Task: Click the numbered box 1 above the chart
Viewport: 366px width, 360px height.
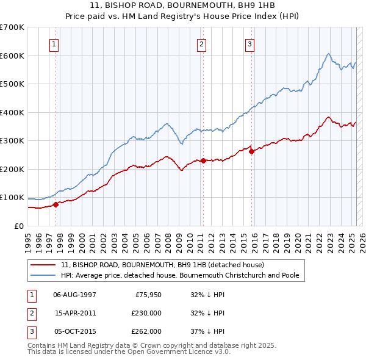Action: [54, 44]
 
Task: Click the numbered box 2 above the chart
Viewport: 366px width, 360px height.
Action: [201, 44]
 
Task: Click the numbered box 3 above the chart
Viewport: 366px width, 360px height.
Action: [250, 44]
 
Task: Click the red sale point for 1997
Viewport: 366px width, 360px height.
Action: [56, 204]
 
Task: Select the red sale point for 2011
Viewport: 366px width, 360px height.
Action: [203, 160]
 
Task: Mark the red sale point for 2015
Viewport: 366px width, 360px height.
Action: [251, 152]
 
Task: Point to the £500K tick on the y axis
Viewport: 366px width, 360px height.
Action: [12, 84]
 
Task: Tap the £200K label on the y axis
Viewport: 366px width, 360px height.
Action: [12, 169]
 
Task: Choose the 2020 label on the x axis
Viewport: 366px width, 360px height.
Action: [298, 238]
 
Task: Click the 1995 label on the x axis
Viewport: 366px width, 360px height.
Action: [28, 238]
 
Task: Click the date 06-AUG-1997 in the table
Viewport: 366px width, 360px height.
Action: [74, 294]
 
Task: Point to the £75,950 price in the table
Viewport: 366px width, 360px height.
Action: [147, 294]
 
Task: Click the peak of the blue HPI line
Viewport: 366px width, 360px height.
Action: [328, 54]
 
